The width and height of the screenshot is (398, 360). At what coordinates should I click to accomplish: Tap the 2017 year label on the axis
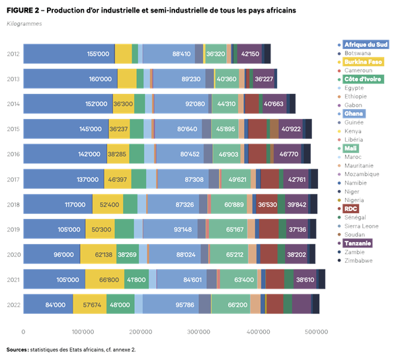pyautogui.click(x=13, y=179)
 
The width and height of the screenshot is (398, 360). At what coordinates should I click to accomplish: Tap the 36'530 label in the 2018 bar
pyautogui.click(x=266, y=204)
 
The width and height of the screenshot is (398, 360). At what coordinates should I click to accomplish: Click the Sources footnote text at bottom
pyautogui.click(x=71, y=349)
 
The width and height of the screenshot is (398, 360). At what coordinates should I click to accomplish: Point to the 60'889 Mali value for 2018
pyautogui.click(x=235, y=204)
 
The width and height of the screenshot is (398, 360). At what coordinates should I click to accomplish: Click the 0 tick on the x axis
pyautogui.click(x=24, y=332)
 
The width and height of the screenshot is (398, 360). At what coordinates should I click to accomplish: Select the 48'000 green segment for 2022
pyautogui.click(x=119, y=304)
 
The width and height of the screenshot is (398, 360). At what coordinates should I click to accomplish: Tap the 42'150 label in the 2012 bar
pyautogui.click(x=250, y=54)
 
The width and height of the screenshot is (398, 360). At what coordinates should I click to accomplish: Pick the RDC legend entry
pyautogui.click(x=352, y=208)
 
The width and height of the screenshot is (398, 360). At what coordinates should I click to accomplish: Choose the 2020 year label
pyautogui.click(x=13, y=254)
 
